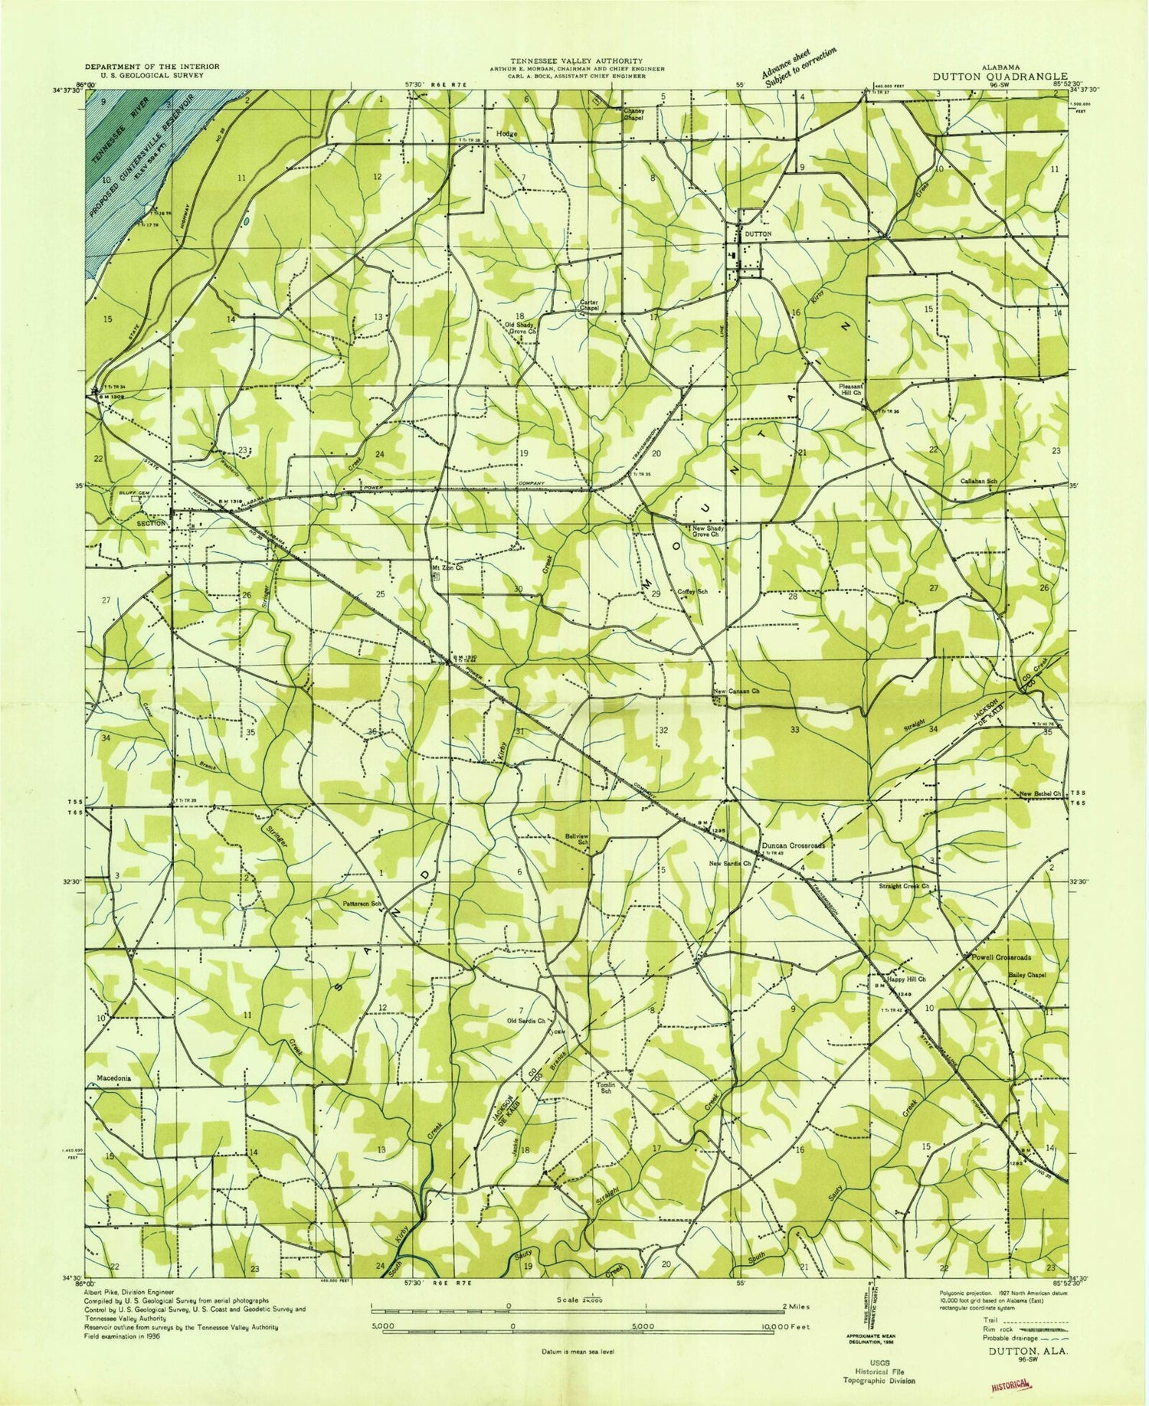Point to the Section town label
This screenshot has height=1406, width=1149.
pos(151,524)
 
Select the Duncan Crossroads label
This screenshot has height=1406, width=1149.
pos(793,845)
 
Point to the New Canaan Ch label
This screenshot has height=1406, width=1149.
pos(735,692)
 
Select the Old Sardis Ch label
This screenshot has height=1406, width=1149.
pos(525,1021)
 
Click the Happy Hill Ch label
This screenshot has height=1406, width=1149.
pos(906,979)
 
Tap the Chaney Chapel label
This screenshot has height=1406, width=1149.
pos(633,114)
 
